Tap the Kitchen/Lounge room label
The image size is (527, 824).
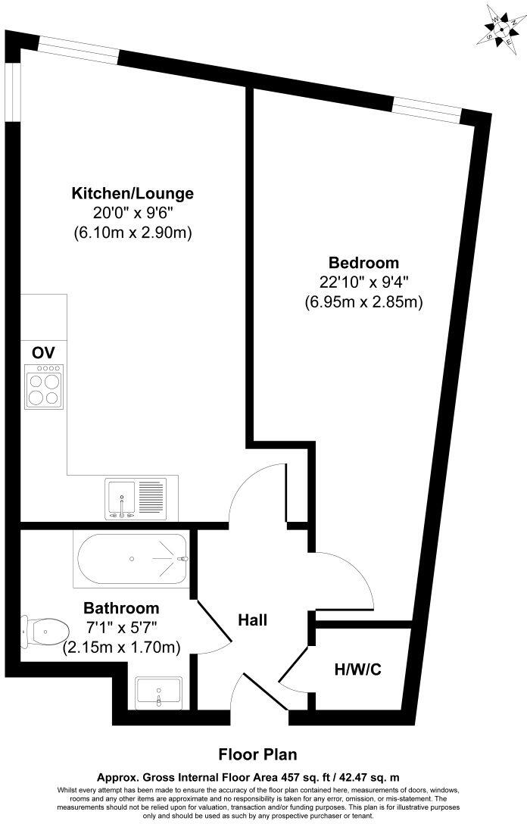click(133, 193)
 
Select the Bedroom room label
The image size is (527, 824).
click(363, 263)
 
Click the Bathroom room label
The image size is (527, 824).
click(121, 608)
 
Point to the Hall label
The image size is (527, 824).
click(253, 620)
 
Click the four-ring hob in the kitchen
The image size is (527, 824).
click(43, 386)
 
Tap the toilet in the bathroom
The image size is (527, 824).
click(44, 629)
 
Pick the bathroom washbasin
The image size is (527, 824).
click(158, 692)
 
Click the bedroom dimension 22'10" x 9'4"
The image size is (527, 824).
click(363, 282)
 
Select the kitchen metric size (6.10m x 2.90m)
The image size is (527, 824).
click(133, 233)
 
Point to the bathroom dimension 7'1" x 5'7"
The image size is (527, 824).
click(121, 628)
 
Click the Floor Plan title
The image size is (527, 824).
click(257, 754)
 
